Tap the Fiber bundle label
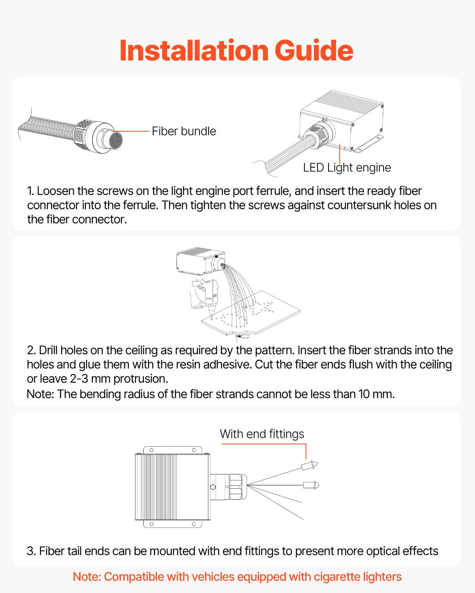click(184, 131)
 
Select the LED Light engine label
click(347, 168)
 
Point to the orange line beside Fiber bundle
click(132, 131)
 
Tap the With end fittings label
click(262, 434)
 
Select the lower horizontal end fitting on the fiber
click(311, 485)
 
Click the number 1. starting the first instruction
click(31, 191)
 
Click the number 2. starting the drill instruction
click(31, 350)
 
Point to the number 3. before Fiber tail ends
click(31, 551)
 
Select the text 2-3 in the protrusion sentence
click(79, 379)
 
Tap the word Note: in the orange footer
click(87, 577)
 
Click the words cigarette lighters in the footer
click(357, 577)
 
